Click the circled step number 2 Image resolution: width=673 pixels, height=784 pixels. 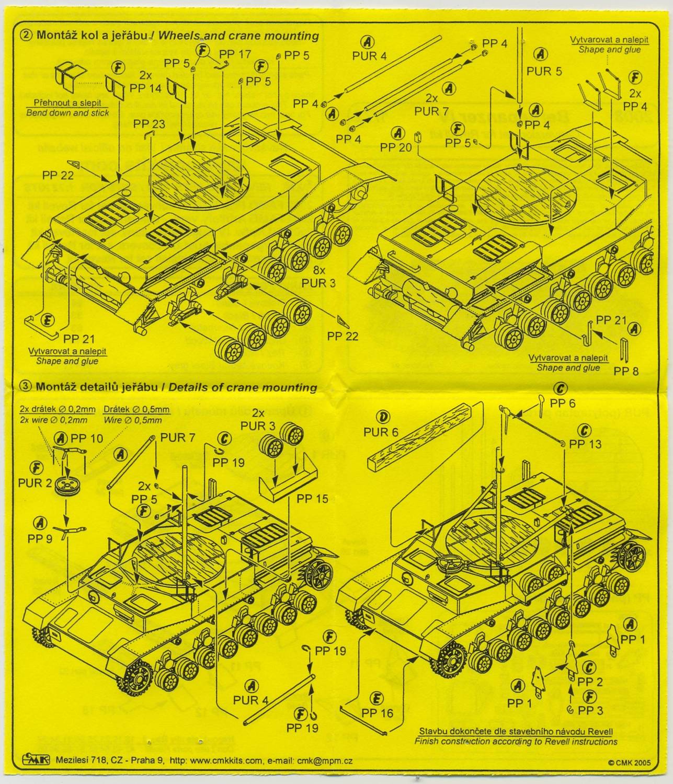26,36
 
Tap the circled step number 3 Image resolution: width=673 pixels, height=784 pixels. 26,387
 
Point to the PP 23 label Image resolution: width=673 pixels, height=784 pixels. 149,124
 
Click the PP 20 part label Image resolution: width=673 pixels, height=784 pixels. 396,147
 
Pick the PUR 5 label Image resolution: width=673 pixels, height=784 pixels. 544,71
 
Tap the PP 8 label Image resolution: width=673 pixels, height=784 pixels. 626,371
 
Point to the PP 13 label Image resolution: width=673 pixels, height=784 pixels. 585,444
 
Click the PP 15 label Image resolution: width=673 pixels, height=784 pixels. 312,498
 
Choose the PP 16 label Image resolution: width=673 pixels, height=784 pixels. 377,712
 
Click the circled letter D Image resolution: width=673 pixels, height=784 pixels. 384,417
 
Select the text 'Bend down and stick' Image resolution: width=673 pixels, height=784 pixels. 67,113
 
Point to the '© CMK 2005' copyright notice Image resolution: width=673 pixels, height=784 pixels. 629,763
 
